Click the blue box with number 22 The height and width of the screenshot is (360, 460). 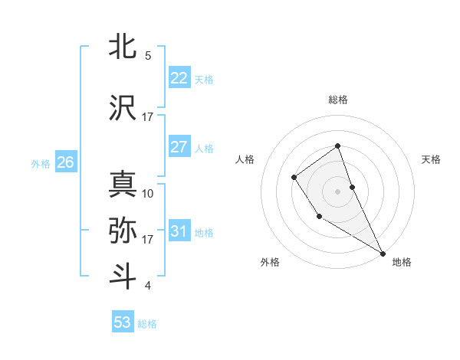point(179,78)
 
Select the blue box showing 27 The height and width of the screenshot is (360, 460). point(179,147)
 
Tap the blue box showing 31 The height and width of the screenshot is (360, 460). point(179,231)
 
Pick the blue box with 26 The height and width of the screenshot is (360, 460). point(66,162)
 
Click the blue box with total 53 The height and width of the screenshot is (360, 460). point(123,322)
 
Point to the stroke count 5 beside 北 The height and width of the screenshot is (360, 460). point(148,55)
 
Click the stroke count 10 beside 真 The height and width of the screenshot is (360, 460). point(148,193)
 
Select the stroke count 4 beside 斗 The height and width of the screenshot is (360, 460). point(148,286)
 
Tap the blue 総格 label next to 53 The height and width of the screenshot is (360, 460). point(147,324)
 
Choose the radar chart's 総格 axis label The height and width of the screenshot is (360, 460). point(338,100)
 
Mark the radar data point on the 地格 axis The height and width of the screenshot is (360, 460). point(383,253)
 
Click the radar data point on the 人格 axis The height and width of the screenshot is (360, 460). point(294,178)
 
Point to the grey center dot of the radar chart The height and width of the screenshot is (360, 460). point(338,190)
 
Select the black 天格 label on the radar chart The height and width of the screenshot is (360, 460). point(432,159)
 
